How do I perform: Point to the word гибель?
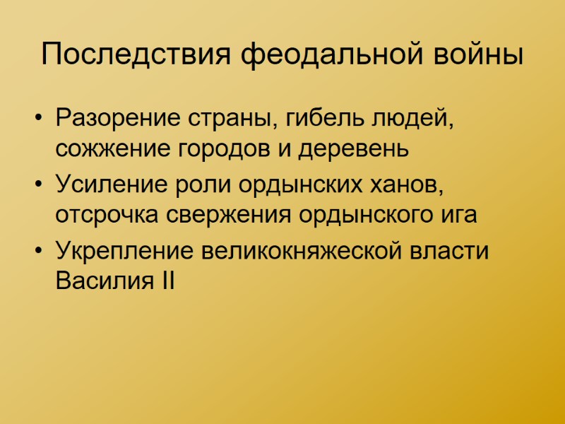(322, 117)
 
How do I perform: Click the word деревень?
(353, 150)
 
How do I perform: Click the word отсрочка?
(107, 216)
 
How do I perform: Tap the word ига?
(460, 216)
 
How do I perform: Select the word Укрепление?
(124, 249)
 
